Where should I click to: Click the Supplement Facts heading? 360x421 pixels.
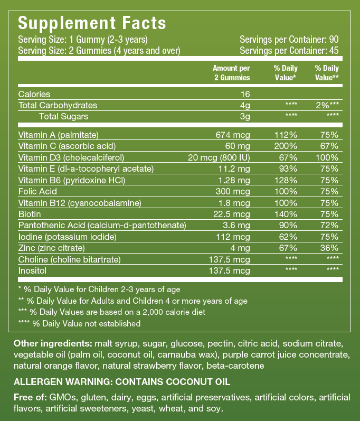(92, 23)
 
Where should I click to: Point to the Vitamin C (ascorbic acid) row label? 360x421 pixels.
(66, 145)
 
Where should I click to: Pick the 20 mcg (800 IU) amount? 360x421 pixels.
(219, 157)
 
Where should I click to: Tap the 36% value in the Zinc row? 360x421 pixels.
(329, 247)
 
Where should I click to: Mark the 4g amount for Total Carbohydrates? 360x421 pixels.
(244, 105)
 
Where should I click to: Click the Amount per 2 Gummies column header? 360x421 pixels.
(231, 73)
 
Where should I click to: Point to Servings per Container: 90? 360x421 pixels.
(289, 40)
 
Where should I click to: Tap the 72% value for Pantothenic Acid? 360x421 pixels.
(329, 225)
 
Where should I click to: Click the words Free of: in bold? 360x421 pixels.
(30, 398)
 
